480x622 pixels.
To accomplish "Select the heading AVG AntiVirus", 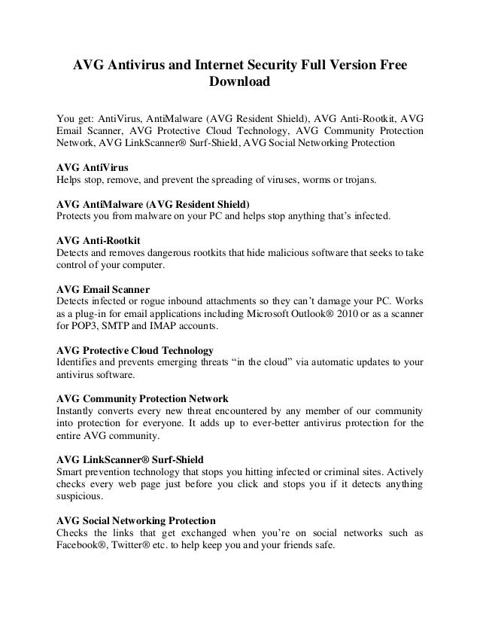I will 93,168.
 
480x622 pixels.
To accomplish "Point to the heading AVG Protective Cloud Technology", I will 135,350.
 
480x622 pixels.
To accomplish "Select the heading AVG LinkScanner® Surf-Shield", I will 132,459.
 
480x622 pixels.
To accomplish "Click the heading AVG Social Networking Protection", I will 136,520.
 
